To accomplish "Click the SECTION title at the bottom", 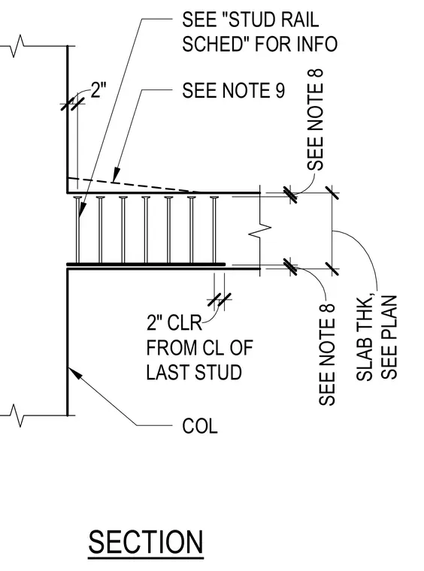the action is tap(146, 542).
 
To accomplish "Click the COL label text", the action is tap(200, 426).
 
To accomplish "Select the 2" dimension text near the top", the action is tap(98, 89).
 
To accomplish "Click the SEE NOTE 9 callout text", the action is tap(233, 90).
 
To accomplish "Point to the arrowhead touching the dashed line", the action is tap(117, 174).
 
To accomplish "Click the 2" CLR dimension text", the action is tap(174, 322).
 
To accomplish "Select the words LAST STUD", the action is tap(194, 372).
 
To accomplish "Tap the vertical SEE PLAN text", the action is tap(389, 337).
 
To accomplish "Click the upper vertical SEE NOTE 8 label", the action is tap(315, 119).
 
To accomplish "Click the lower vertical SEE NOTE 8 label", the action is tap(327, 355).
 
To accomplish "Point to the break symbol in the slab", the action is tap(259, 229).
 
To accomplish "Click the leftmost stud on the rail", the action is tap(77, 229).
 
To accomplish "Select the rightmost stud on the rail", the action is tap(214, 229).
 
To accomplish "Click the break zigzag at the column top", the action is tap(17, 47).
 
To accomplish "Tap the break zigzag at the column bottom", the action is tap(17, 415).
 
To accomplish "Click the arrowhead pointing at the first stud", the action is tap(82, 210).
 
